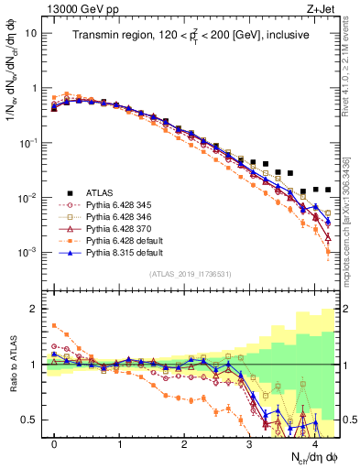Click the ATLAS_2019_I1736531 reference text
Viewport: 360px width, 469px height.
tap(191, 273)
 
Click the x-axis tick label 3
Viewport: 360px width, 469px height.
tap(249, 443)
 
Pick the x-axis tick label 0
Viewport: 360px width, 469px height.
tap(54, 443)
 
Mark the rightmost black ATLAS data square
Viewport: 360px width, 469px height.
tap(328, 190)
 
